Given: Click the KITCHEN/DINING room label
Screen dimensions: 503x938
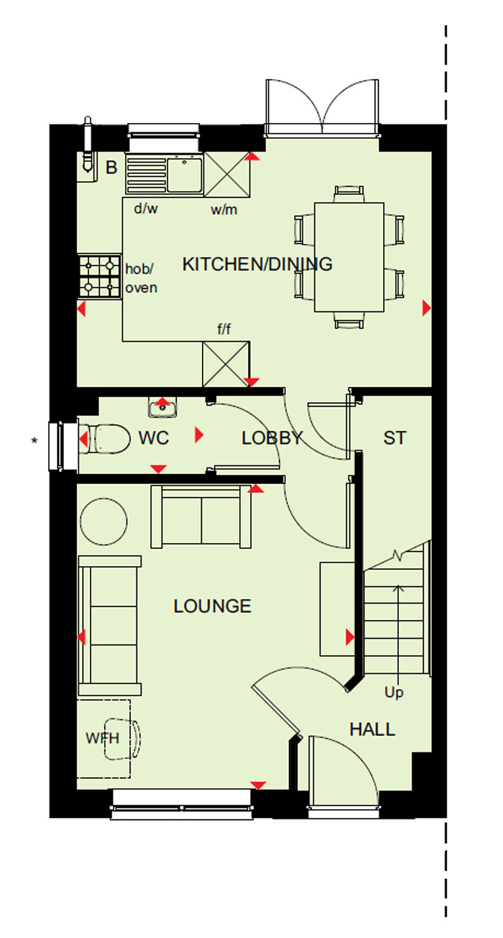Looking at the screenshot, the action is pos(257,264).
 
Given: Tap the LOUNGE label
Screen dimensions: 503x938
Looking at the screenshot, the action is pos(213,606).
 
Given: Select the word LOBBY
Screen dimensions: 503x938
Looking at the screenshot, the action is pos(272,438).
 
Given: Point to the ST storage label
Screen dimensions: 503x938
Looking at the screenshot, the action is pos(394,438).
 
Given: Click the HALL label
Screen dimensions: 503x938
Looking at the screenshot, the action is pos(372,729).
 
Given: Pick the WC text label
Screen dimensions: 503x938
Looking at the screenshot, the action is pos(154,438).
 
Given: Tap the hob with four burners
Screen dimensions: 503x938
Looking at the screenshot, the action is pos(99,276).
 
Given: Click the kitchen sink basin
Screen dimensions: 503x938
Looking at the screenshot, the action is pos(185,174).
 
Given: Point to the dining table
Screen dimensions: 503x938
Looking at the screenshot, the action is pos(349,257).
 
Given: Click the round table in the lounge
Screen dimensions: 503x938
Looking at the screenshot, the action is pos(103,522).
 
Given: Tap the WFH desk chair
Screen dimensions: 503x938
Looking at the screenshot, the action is pos(122,739).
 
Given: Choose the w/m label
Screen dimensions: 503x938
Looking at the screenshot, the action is pos(224,209).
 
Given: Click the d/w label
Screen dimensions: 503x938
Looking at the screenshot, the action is pos(146,208).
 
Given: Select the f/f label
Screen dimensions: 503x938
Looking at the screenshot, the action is pos(224,329).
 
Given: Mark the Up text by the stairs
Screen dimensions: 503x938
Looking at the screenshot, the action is pos(394,692).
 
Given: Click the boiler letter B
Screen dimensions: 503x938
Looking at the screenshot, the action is pos(111,168).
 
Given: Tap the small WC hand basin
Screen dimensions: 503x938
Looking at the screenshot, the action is pos(162,408).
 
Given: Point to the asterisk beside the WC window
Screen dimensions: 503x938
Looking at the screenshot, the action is pos(34,440).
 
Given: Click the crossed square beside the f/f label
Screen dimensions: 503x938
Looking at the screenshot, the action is pos(226,364).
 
